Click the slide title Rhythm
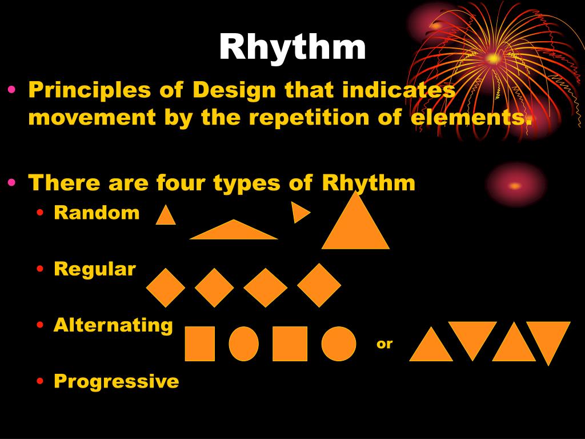[292, 47]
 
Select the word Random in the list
[97, 213]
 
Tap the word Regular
[95, 269]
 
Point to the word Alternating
[113, 325]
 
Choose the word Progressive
[116, 381]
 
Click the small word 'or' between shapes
[384, 344]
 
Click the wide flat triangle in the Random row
[233, 232]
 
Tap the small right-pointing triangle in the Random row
[299, 212]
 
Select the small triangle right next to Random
[166, 217]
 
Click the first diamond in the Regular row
[166, 288]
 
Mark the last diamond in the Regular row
[319, 285]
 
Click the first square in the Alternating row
[199, 344]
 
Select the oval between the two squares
[244, 344]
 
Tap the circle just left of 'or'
[339, 344]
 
